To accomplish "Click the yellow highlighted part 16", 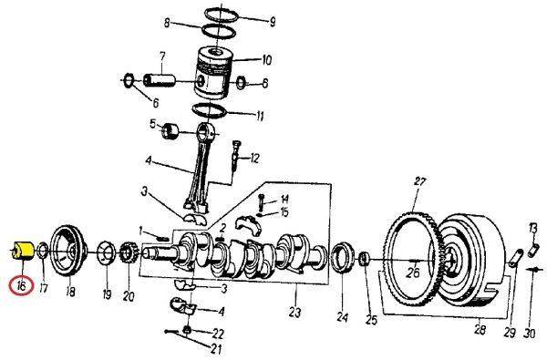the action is click(x=22, y=251).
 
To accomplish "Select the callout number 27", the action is click(x=420, y=181).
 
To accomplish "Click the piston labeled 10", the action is click(x=213, y=73).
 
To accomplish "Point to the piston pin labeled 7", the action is click(x=159, y=80).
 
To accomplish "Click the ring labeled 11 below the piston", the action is click(x=210, y=110).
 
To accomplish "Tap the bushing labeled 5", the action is click(x=170, y=131).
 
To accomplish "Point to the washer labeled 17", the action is click(x=43, y=251).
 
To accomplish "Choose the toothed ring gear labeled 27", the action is click(x=415, y=258).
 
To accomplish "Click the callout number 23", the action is click(x=294, y=313).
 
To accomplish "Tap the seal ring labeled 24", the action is click(x=342, y=258).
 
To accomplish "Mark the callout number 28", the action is click(x=480, y=329).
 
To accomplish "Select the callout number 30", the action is click(x=529, y=334).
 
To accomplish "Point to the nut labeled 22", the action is click(x=187, y=330).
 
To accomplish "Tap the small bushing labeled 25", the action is click(x=364, y=259).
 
